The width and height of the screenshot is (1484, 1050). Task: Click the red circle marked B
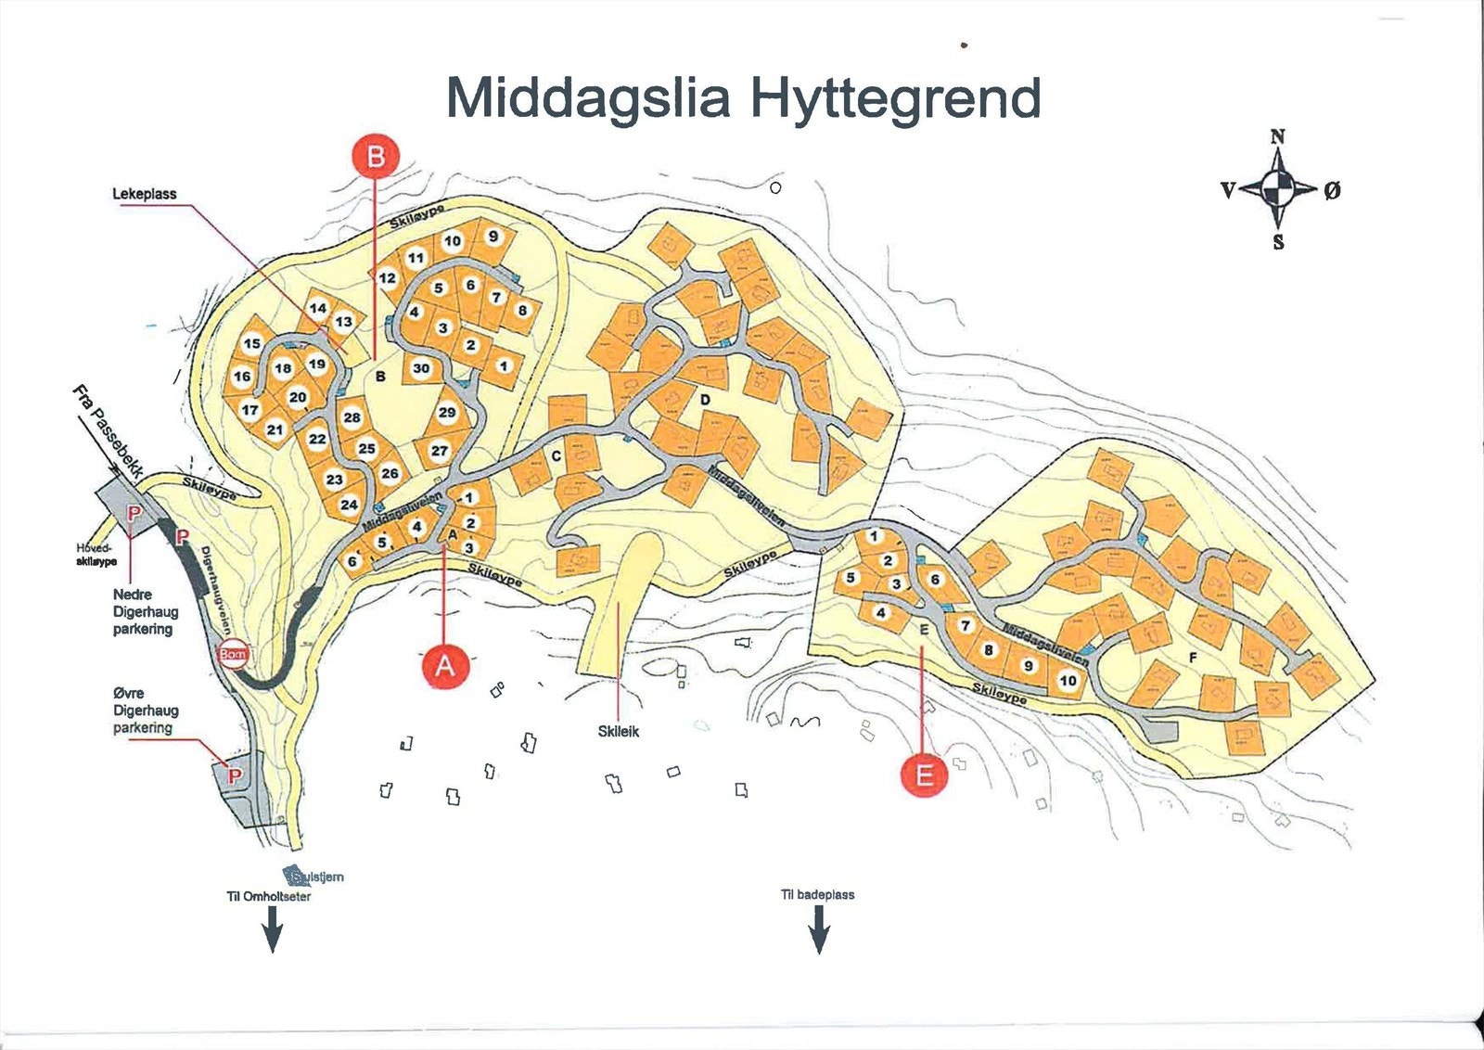click(x=376, y=157)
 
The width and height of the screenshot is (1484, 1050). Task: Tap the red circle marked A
click(x=445, y=666)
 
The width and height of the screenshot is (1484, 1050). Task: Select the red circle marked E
click(x=925, y=774)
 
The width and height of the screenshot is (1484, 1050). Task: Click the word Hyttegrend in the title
click(x=893, y=97)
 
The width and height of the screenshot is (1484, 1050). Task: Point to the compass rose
click(x=1278, y=189)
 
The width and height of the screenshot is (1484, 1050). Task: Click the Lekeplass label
click(x=145, y=194)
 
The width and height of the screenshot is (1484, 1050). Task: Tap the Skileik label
click(x=619, y=731)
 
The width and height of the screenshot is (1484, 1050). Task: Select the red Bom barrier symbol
click(x=233, y=655)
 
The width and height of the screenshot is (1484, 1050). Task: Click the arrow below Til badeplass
click(x=819, y=928)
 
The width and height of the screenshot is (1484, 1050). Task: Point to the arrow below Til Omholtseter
click(x=272, y=928)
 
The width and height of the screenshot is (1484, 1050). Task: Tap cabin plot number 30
click(x=421, y=368)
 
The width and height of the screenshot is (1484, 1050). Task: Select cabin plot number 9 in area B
click(x=493, y=237)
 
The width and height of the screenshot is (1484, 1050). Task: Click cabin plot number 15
click(x=252, y=343)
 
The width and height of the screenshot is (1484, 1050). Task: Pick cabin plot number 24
click(x=349, y=505)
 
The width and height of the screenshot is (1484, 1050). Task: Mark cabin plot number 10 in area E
click(x=1068, y=681)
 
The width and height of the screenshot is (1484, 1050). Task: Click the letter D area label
click(x=705, y=400)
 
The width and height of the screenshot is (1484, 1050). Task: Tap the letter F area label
click(x=1193, y=658)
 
